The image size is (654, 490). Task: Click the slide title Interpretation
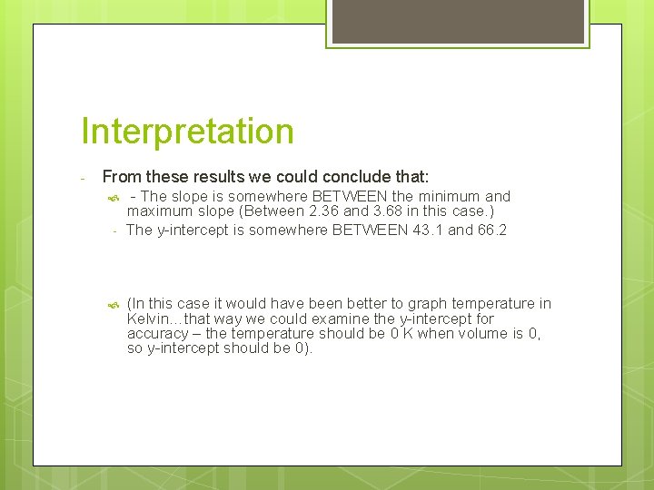point(187,132)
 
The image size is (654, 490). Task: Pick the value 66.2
point(490,230)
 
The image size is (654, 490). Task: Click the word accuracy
point(161,333)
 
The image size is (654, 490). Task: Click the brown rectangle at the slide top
point(457,22)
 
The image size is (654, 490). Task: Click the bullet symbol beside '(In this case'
point(112,304)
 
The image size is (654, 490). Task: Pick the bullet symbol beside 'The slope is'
point(112,197)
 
